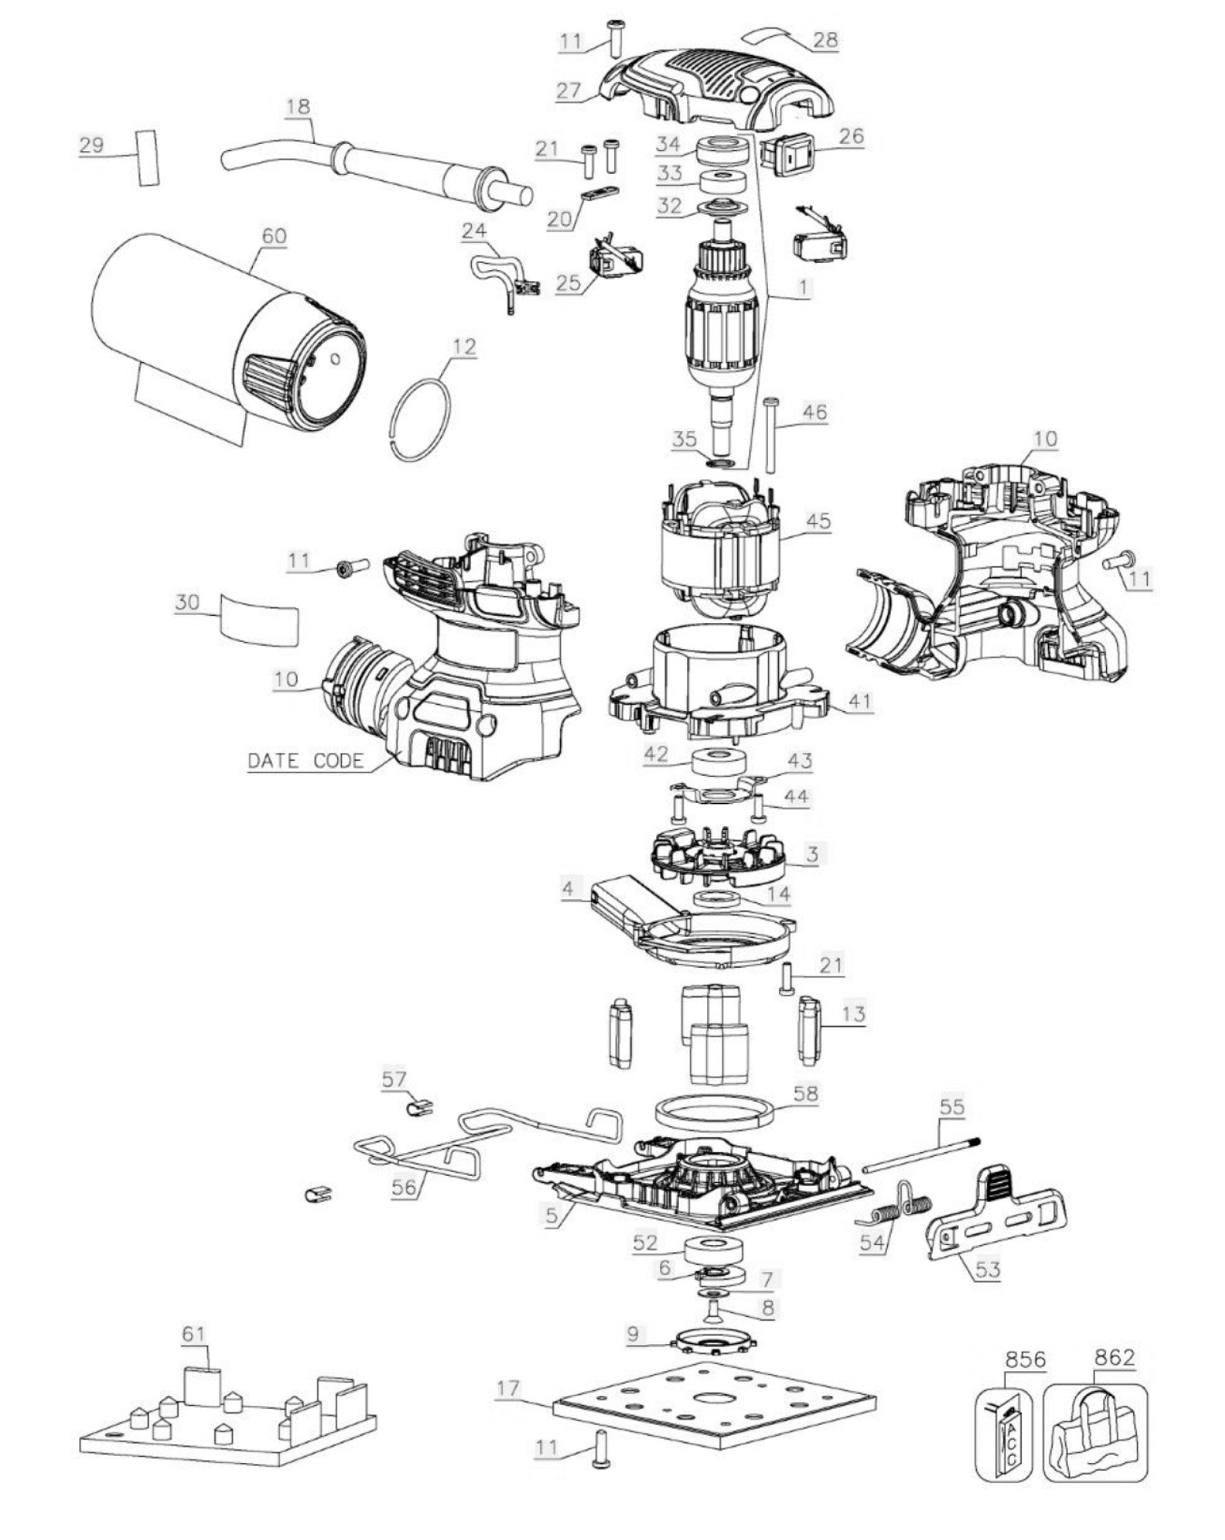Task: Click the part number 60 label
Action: pos(274,236)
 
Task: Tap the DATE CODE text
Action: pos(305,760)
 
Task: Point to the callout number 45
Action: pos(818,521)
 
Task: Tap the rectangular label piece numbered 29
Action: pos(147,157)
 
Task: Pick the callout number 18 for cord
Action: pos(298,106)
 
